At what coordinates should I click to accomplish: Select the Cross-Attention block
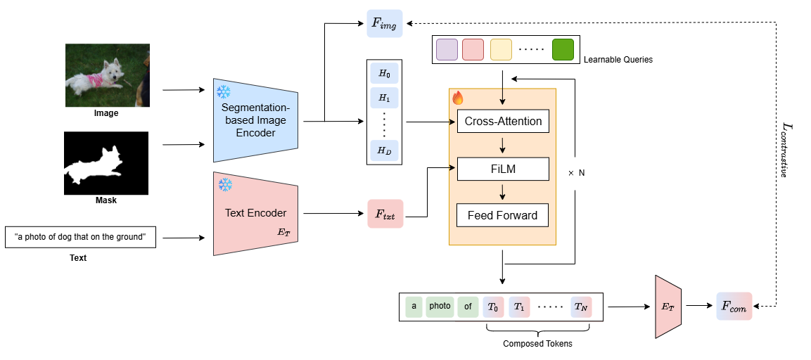point(503,122)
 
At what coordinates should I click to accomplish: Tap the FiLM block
point(503,169)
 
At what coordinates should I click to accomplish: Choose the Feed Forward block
point(503,215)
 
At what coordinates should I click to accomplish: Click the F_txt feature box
point(385,214)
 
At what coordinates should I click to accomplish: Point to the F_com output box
point(734,306)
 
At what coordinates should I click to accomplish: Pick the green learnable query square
point(563,50)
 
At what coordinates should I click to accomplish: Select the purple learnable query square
point(447,50)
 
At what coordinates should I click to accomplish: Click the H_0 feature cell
point(384,73)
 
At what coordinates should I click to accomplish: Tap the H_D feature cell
point(384,150)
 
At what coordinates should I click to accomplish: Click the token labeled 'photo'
point(440,307)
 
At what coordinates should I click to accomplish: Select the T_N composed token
point(582,307)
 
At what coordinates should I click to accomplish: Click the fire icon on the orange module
point(458,98)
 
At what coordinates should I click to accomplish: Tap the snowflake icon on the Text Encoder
point(225,184)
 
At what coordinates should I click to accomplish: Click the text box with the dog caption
point(79,238)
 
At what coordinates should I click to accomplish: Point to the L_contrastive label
point(787,148)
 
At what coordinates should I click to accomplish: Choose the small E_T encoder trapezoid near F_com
point(668,307)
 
